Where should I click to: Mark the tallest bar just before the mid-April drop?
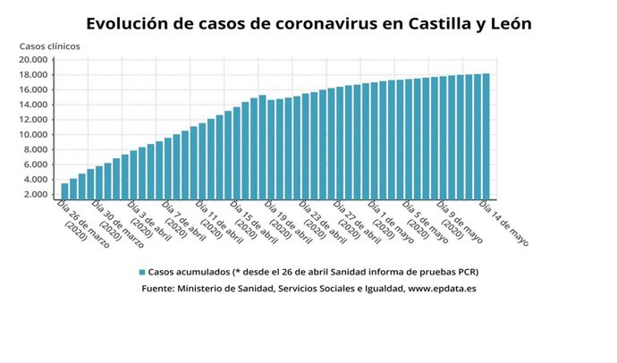coord(262,147)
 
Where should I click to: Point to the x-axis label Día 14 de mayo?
coord(503,223)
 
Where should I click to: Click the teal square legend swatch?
coord(142,272)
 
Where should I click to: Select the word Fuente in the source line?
coord(158,290)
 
